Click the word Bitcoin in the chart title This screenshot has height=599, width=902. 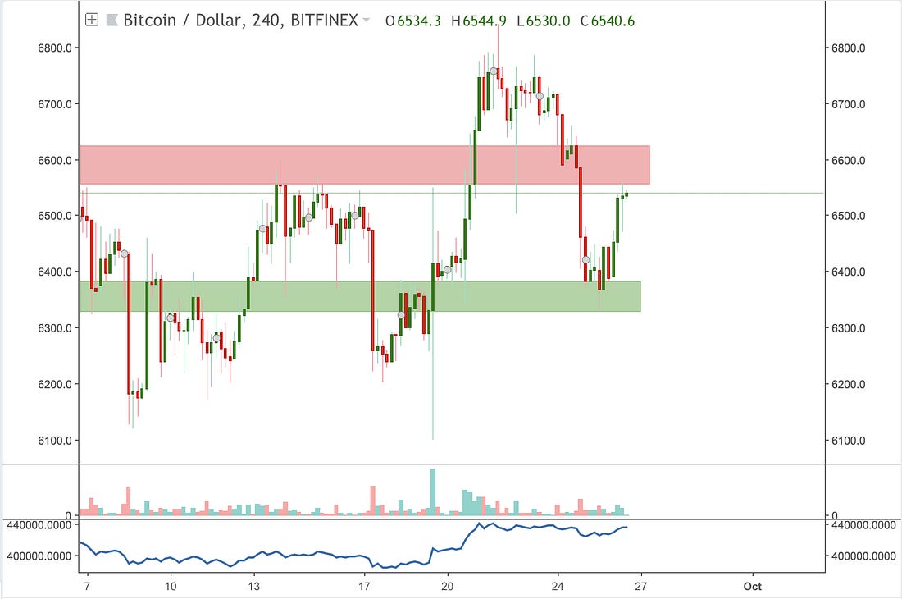(x=149, y=20)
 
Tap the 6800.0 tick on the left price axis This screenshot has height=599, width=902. (x=57, y=48)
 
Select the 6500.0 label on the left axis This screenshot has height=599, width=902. (x=57, y=216)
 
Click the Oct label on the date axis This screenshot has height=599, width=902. (x=752, y=586)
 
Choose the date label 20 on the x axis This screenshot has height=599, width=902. (x=447, y=586)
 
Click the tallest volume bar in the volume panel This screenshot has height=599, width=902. (x=433, y=492)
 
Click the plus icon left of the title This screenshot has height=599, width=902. (x=92, y=20)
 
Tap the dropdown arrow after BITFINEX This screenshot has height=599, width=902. (x=366, y=20)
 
